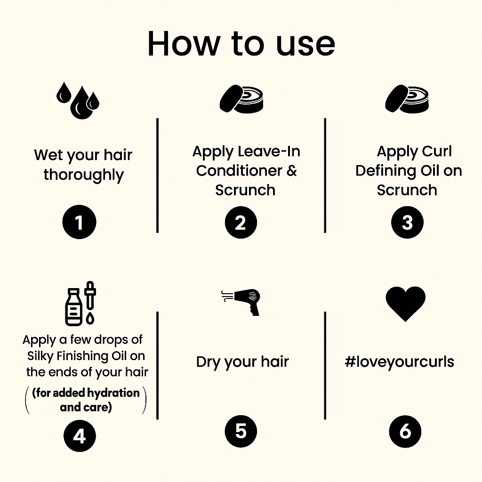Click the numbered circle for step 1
[x=79, y=222]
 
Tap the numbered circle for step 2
[x=241, y=222]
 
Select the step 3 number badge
[x=407, y=222]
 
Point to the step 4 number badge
[x=80, y=435]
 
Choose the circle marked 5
[x=241, y=431]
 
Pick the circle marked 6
[x=405, y=431]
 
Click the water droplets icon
[x=78, y=101]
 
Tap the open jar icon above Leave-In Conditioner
[x=241, y=99]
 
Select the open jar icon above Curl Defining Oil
[x=407, y=99]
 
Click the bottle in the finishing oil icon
[x=74, y=307]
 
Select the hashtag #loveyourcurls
[x=399, y=362]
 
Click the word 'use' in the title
[x=305, y=44]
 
